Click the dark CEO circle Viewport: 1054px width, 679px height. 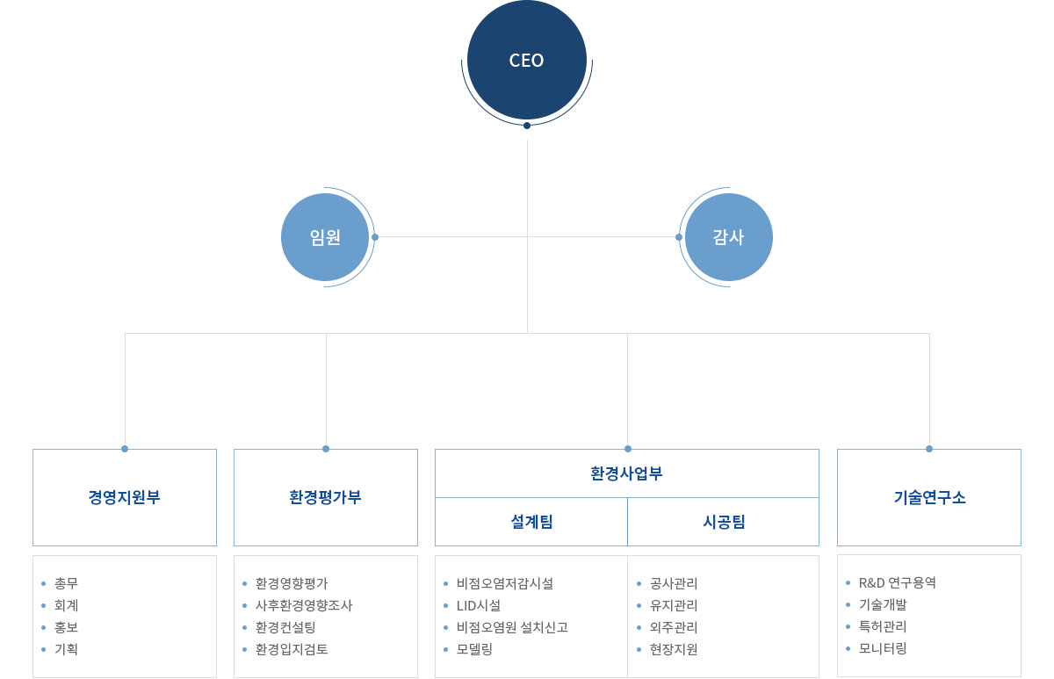(x=527, y=61)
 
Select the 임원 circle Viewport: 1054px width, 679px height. (x=325, y=237)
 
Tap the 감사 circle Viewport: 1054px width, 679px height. (x=728, y=237)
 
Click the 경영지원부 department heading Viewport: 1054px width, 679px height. (x=125, y=497)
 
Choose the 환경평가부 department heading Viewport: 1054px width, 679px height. (x=326, y=497)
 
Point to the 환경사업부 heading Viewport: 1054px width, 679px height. (x=626, y=473)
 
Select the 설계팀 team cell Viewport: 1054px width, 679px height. (x=531, y=522)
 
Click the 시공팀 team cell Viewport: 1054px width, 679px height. (x=724, y=522)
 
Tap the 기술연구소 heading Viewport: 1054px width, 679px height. (x=929, y=497)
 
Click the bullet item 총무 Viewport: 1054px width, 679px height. (x=66, y=583)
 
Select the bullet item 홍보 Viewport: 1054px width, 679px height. (x=66, y=627)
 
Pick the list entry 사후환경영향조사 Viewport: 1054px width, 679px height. (x=303, y=605)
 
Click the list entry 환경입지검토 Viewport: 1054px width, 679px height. (x=292, y=649)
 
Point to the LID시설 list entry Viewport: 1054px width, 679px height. (x=478, y=605)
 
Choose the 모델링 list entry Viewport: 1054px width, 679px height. (x=474, y=649)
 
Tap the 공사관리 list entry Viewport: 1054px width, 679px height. (x=674, y=583)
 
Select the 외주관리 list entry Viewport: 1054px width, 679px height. (x=674, y=627)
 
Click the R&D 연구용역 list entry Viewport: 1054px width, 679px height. (x=897, y=582)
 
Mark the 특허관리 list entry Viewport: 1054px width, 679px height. (x=883, y=626)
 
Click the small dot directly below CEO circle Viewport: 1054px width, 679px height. (x=527, y=126)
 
